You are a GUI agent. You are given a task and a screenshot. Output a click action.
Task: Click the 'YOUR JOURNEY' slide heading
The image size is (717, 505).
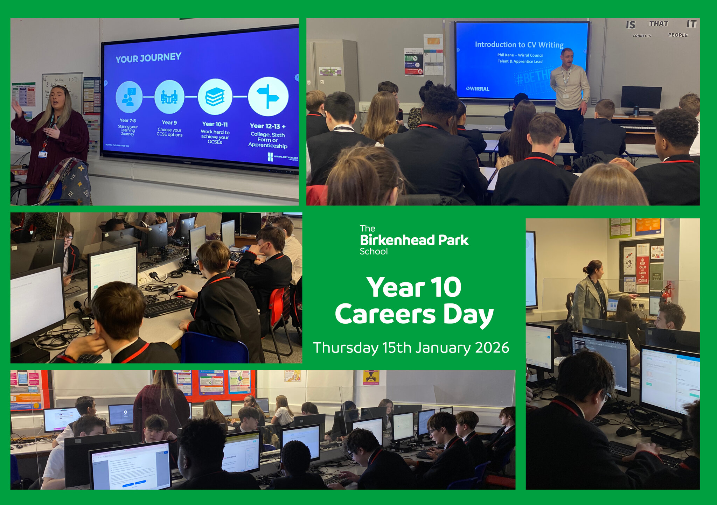tap(148, 58)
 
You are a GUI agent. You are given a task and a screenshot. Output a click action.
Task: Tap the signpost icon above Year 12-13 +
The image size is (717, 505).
tap(268, 96)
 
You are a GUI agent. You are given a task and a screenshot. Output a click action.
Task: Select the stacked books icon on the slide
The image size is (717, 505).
tap(215, 97)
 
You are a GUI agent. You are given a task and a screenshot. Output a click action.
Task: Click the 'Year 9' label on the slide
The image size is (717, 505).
tap(169, 122)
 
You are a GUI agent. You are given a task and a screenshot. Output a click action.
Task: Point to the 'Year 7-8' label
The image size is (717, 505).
tap(128, 120)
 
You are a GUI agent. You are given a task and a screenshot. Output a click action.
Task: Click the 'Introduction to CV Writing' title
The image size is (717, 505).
tap(519, 45)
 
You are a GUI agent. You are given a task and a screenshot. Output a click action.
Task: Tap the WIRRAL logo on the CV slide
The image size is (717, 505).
tap(478, 89)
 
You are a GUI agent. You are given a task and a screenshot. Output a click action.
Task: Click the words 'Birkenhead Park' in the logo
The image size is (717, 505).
tap(414, 240)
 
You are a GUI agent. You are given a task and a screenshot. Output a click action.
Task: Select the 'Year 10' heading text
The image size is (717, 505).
tap(414, 287)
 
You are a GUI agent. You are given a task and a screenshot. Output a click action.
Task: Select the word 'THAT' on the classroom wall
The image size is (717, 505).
tap(659, 24)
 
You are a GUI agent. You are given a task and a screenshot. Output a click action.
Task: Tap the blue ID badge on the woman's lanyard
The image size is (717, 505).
tap(43, 154)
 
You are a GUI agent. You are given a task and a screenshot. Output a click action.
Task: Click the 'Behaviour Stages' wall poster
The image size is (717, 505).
tap(413, 62)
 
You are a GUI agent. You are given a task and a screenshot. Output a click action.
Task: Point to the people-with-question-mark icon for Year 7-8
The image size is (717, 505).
tap(129, 97)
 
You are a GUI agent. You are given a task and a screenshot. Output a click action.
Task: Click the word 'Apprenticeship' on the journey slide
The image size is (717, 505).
tap(268, 146)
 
